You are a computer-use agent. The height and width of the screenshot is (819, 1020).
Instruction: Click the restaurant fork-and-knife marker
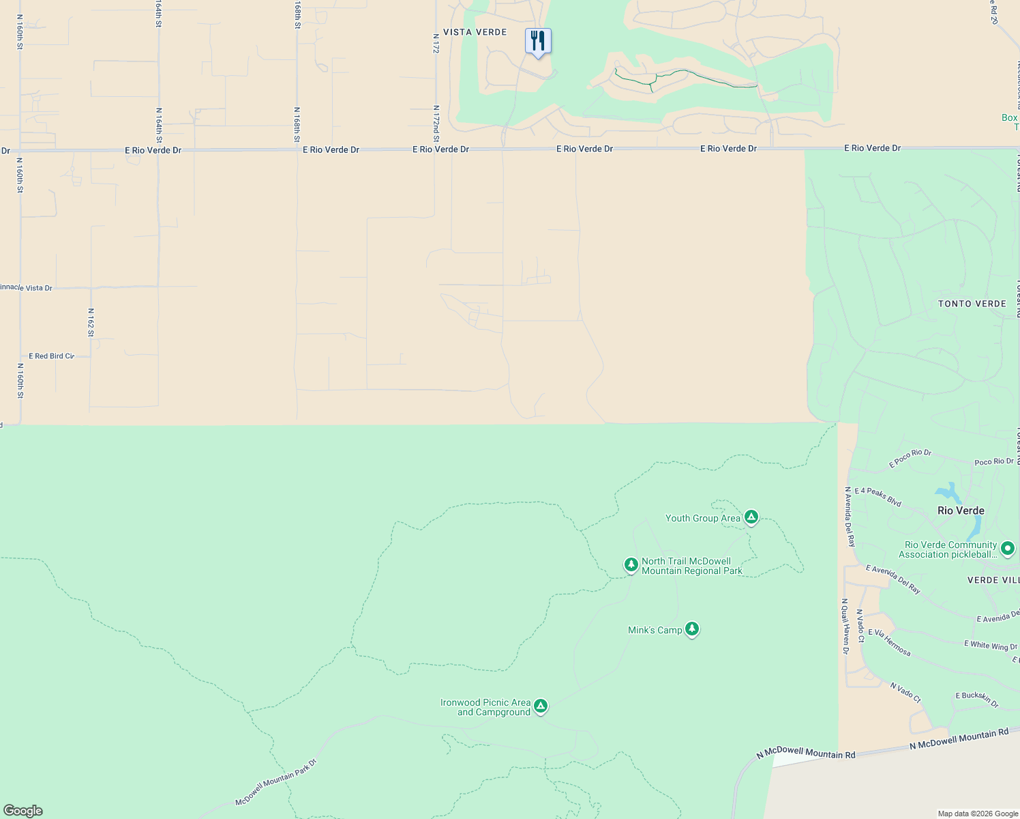[x=538, y=42]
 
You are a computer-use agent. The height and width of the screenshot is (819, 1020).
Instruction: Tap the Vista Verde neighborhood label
[x=475, y=32]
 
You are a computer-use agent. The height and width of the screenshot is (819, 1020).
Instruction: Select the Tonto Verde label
[x=972, y=304]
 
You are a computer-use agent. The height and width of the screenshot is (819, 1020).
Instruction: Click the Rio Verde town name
[x=961, y=511]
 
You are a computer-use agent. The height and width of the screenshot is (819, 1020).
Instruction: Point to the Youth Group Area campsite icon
[x=751, y=517]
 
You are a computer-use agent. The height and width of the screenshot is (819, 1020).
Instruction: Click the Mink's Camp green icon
[x=692, y=629]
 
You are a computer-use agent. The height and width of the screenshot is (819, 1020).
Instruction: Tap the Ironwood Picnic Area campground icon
[x=541, y=706]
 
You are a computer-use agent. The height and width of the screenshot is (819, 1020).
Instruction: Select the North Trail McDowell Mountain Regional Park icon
[x=631, y=565]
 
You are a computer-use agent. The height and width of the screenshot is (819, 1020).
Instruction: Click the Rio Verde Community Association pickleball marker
[x=1008, y=548]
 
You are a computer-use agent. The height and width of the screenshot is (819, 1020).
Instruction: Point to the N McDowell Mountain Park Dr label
[x=276, y=782]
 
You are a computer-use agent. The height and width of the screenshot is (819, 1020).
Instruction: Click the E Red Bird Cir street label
[x=51, y=356]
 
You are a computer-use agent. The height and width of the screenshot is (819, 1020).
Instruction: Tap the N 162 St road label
[x=91, y=322]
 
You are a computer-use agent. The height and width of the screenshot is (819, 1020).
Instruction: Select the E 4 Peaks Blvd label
[x=878, y=496]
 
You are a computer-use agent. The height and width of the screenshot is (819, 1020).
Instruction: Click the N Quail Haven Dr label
[x=845, y=627]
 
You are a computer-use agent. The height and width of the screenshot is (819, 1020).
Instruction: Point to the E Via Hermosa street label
[x=889, y=642]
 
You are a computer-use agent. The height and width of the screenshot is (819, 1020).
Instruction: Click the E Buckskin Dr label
[x=976, y=698]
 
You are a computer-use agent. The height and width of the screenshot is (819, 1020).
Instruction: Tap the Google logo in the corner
[x=23, y=811]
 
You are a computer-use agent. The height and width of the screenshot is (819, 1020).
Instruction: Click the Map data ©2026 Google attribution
[x=978, y=814]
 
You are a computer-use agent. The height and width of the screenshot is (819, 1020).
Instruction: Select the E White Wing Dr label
[x=990, y=645]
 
